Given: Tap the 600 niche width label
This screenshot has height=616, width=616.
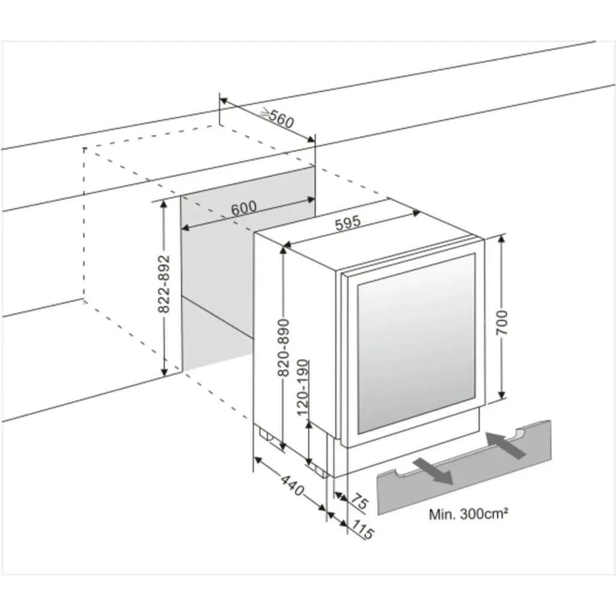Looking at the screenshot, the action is (244, 208).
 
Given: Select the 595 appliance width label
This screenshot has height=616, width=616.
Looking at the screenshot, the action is (348, 223).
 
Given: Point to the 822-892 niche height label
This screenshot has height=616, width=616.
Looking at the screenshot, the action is (164, 284).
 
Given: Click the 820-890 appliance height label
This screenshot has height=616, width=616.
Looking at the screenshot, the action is (283, 347).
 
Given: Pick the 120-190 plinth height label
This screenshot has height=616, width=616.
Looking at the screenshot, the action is (303, 388).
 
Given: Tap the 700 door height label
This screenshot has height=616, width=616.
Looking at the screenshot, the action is (501, 322).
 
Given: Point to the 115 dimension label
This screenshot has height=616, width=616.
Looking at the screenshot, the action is (362, 529).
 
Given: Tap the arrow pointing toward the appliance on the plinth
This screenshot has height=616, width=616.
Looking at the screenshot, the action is (505, 445).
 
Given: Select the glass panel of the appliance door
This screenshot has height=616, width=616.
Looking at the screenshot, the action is (416, 344).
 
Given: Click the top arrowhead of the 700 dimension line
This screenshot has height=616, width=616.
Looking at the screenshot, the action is (501, 239).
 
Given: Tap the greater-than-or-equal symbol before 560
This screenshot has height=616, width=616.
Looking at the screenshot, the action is (265, 114).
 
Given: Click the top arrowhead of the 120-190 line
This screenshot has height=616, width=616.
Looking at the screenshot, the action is (309, 425).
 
